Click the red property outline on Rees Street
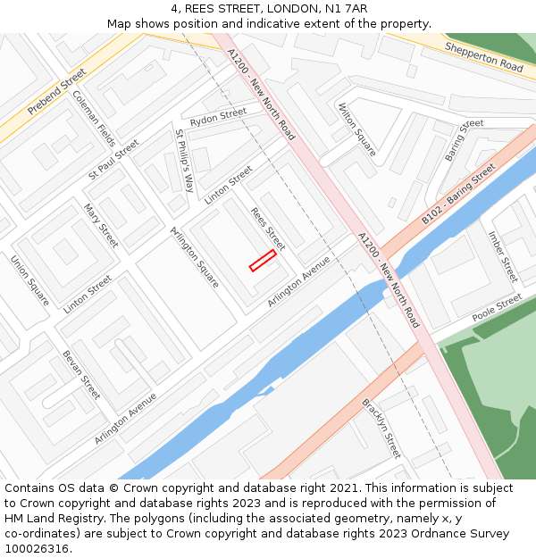point(263,260)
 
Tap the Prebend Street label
point(56,92)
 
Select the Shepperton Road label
point(483,56)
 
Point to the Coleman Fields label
point(94,118)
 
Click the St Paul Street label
point(113,160)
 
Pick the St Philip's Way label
point(184,161)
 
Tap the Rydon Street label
point(218,117)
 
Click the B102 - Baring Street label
point(458,193)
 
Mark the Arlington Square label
point(194,256)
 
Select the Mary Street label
point(101,225)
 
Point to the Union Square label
point(29,280)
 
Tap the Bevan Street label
point(81,374)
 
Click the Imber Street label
point(503,256)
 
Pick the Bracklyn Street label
point(381,429)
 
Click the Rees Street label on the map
point(267,229)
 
